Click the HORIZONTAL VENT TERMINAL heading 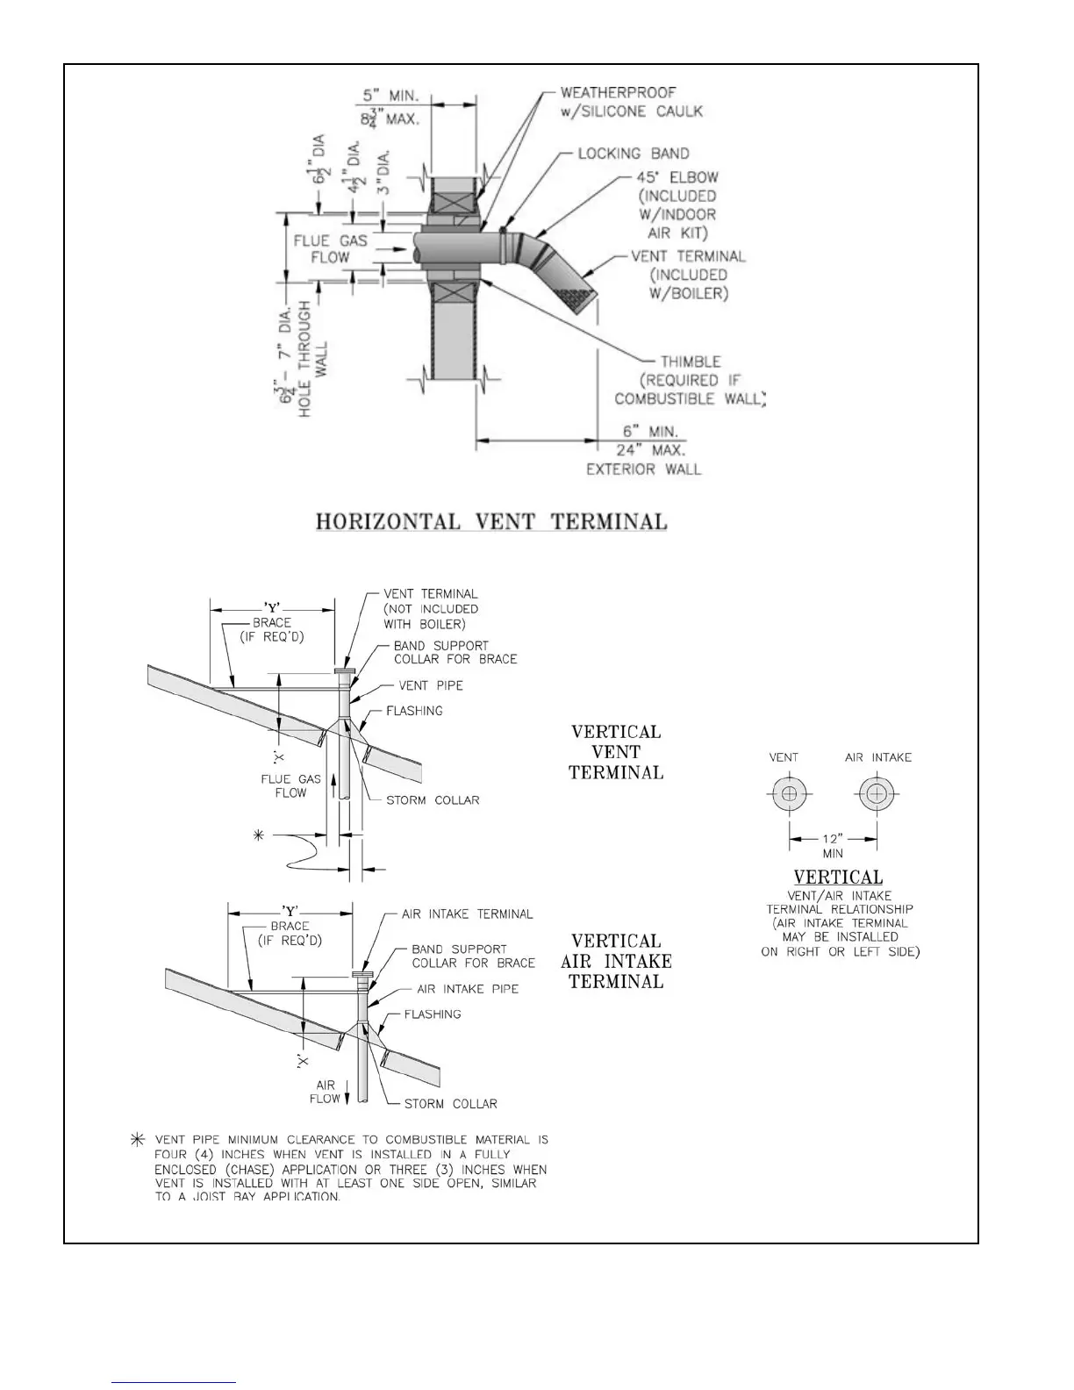click(491, 521)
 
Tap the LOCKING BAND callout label click(634, 154)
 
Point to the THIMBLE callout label click(691, 362)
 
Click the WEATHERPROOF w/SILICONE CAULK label click(631, 102)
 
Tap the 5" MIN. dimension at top click(390, 95)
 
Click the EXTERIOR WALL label click(644, 469)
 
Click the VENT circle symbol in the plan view click(790, 795)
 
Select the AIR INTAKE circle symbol click(876, 795)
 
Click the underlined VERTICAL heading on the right click(838, 877)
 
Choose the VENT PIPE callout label click(431, 685)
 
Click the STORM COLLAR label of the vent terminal click(433, 800)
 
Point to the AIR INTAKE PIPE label click(468, 989)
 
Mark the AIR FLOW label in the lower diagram click(325, 1092)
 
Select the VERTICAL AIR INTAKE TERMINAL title click(616, 961)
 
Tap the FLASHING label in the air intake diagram click(433, 1014)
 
